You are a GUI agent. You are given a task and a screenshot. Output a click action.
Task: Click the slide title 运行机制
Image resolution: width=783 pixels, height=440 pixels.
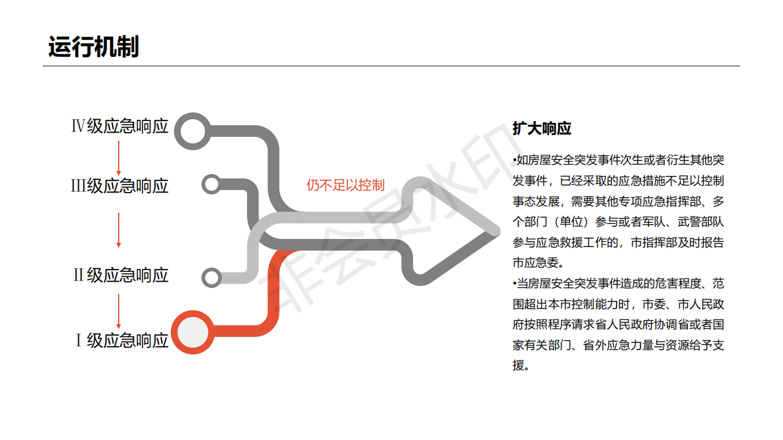pyautogui.click(x=94, y=47)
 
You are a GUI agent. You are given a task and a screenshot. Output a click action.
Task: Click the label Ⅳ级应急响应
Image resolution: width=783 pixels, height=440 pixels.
pyautogui.click(x=120, y=127)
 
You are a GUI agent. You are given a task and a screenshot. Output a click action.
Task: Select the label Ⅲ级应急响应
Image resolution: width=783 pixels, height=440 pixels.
pyautogui.click(x=120, y=186)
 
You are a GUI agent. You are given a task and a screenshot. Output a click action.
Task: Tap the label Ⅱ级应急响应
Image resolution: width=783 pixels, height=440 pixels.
pyautogui.click(x=121, y=275)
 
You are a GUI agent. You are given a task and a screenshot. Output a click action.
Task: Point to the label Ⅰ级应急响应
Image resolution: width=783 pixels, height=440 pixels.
pyautogui.click(x=121, y=340)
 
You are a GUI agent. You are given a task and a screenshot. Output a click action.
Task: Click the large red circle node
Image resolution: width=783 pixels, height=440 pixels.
pyautogui.click(x=193, y=332)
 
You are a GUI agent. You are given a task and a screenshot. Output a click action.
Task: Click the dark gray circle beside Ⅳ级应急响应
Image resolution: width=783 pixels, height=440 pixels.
pyautogui.click(x=193, y=130)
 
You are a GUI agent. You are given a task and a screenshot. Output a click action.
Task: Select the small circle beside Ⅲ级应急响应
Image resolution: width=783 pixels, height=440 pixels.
pyautogui.click(x=211, y=184)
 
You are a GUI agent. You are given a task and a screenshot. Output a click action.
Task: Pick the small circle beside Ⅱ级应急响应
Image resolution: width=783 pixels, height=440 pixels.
pyautogui.click(x=212, y=277)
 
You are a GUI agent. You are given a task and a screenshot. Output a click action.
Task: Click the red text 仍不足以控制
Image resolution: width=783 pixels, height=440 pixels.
pyautogui.click(x=346, y=185)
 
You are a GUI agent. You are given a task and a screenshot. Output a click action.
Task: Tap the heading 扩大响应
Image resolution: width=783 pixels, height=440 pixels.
pyautogui.click(x=542, y=129)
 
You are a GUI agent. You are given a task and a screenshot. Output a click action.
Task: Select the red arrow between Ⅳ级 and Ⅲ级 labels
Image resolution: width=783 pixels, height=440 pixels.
pyautogui.click(x=119, y=156)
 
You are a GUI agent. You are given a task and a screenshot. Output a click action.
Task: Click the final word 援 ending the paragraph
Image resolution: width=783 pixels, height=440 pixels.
pyautogui.click(x=519, y=366)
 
